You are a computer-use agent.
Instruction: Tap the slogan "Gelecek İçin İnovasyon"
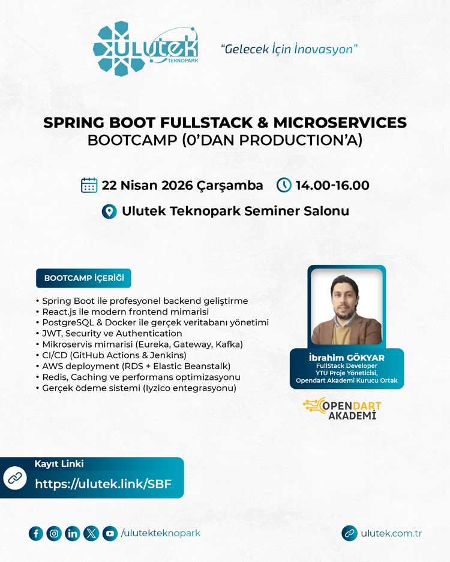point(289,49)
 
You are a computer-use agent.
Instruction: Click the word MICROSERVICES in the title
point(340,123)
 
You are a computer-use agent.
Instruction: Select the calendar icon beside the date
point(89,185)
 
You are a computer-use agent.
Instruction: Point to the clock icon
point(284,185)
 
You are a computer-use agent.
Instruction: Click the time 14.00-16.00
point(332,185)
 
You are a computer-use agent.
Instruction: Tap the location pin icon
point(109,211)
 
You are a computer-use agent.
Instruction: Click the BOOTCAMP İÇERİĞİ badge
point(84,278)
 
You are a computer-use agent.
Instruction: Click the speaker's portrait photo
point(347,306)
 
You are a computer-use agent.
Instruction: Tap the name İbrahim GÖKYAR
point(346,358)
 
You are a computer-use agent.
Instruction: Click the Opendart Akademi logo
point(343,408)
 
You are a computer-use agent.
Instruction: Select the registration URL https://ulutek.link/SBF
point(103,484)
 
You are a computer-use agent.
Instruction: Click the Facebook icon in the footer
point(36,533)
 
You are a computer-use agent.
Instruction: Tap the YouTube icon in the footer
point(110,533)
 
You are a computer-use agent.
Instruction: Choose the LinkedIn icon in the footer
point(73,533)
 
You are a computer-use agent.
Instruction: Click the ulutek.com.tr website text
point(391,533)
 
